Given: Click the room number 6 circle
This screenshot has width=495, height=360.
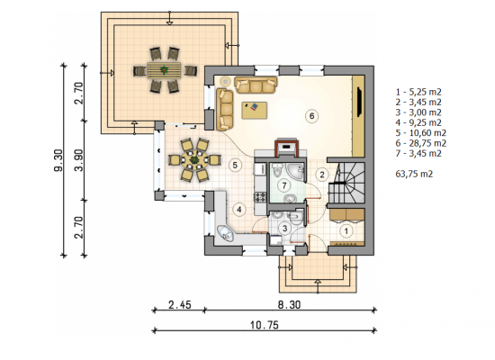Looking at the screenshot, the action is [x=311, y=116].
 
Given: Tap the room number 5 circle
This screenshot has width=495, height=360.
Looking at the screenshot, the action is [x=235, y=165].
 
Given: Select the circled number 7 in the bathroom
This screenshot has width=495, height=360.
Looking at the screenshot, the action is [x=284, y=185].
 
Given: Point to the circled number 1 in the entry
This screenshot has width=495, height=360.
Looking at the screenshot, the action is [x=346, y=231].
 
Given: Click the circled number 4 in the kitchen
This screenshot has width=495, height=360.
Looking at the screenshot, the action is [x=239, y=210].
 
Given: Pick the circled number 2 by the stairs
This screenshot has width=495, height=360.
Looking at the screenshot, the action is [x=322, y=175].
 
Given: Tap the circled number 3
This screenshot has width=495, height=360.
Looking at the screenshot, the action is [x=284, y=228].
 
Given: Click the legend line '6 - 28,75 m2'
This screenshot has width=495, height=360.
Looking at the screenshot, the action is [x=421, y=143].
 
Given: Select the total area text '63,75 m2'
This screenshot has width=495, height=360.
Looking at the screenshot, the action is [x=414, y=174].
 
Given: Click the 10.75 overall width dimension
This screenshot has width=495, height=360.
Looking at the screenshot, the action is [x=265, y=325].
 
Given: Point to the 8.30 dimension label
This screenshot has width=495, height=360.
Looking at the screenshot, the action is [x=289, y=305].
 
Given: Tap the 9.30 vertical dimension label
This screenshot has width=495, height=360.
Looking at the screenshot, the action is [x=58, y=161].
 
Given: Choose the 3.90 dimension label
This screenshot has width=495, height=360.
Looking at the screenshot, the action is [x=79, y=160].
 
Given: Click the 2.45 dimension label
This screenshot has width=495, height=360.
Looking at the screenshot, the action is [x=180, y=305].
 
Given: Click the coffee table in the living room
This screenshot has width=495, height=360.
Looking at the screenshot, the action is [x=255, y=110].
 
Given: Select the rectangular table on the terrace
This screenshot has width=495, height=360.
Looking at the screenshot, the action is [x=164, y=70].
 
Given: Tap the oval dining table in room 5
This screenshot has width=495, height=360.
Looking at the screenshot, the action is [x=193, y=160].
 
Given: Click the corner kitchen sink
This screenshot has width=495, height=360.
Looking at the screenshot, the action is [x=225, y=233].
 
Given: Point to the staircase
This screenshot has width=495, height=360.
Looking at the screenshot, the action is [x=346, y=183].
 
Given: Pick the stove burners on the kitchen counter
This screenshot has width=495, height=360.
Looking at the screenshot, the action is [x=260, y=197].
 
